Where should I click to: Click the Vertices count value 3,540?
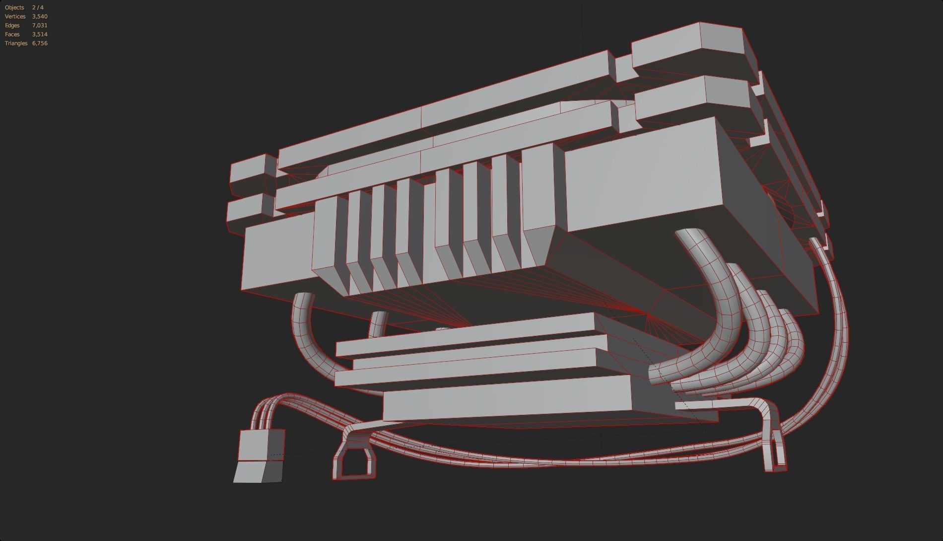coord(40,16)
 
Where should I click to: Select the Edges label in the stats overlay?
coord(12,25)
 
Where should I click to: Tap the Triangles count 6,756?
coord(40,43)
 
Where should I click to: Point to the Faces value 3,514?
coord(40,34)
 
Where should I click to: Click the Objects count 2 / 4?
coord(38,7)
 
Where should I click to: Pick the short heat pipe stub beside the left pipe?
coord(378,323)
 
